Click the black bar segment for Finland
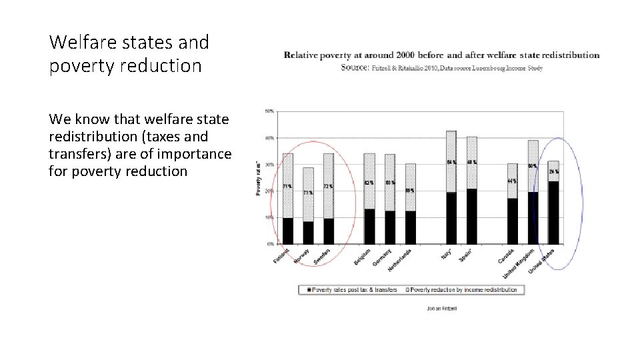pos(288,231)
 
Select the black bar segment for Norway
pos(308,233)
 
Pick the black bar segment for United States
pos(553,213)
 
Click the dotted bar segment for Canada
pos(512,181)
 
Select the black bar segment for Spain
pos(472,217)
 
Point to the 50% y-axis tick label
pos(270,111)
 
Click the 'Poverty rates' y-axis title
pos(259,179)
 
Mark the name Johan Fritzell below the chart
pos(441,308)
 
